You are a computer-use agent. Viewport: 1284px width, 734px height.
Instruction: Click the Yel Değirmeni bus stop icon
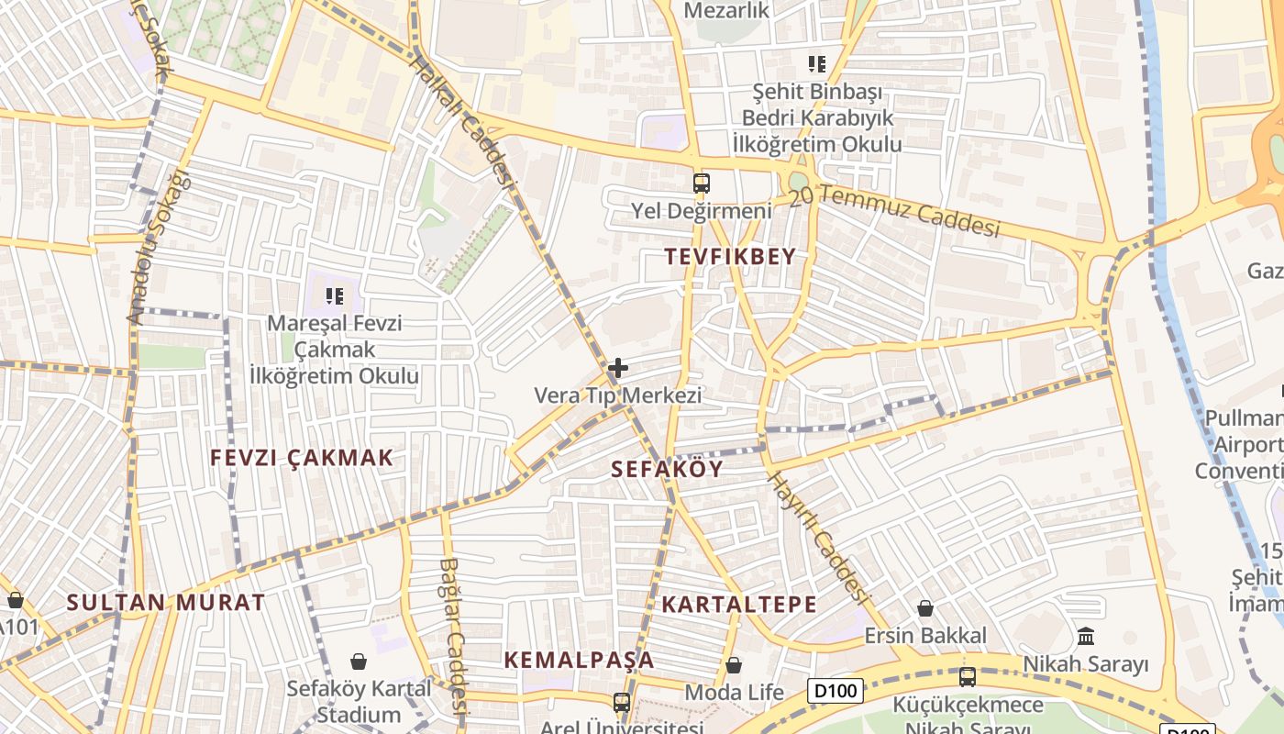pos(702,183)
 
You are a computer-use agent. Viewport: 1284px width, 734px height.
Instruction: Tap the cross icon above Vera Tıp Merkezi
pos(618,368)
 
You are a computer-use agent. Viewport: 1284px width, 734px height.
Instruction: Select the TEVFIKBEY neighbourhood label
pos(730,257)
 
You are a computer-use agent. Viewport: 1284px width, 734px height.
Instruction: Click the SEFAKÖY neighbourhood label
pos(667,470)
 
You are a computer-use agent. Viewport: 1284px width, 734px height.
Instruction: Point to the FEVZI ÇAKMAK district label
pos(301,458)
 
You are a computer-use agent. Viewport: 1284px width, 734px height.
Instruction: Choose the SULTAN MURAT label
pos(166,603)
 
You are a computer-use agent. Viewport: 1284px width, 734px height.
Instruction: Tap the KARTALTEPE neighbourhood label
pos(739,605)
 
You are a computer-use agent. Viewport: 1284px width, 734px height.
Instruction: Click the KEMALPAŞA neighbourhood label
pos(579,660)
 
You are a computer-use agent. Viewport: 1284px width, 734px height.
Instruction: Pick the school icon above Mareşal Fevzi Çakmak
pos(335,295)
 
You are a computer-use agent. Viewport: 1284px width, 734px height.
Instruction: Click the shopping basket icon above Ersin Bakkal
pos(925,608)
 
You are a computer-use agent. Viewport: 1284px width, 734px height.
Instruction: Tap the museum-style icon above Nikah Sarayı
pos(1086,636)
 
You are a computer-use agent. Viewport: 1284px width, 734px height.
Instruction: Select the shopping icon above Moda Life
pos(734,665)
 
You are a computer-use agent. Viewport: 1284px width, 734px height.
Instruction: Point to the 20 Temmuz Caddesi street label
pos(907,210)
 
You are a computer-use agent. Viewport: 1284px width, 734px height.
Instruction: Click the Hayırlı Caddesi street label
pos(818,537)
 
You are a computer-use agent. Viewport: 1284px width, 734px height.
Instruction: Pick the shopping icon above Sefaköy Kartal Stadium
pos(359,662)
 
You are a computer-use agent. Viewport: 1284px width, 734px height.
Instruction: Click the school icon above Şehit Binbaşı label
pos(816,64)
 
